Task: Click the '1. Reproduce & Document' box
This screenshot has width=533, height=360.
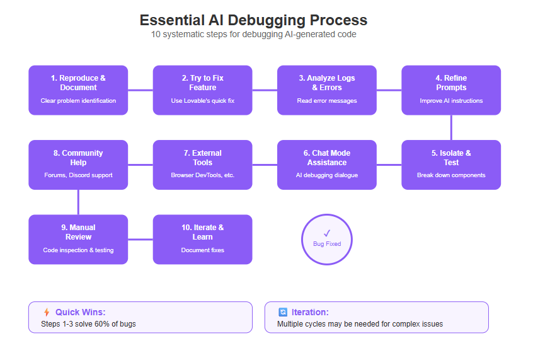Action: [x=78, y=90]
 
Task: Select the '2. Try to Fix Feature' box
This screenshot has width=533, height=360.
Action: [x=203, y=90]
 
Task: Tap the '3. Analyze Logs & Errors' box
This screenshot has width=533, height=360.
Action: [x=327, y=90]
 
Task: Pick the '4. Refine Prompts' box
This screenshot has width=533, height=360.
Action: [x=451, y=90]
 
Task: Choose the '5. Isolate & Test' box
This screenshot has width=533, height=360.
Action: [x=451, y=165]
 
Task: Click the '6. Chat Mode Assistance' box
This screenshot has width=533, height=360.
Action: [x=327, y=165]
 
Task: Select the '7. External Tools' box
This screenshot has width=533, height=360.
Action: [x=203, y=165]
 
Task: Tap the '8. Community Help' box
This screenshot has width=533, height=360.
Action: [x=78, y=165]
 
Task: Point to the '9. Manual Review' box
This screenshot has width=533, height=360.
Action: [x=78, y=239]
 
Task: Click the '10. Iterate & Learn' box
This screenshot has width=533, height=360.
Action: [x=203, y=239]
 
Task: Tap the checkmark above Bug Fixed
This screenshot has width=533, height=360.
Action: [x=327, y=233]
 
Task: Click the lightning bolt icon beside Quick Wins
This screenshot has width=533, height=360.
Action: [x=47, y=312]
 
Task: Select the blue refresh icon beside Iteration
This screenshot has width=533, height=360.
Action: [x=283, y=312]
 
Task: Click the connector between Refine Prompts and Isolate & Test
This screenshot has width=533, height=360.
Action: [x=451, y=127]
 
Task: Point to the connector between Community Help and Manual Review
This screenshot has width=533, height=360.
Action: [x=78, y=202]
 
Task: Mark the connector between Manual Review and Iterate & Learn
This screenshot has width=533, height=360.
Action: [x=140, y=239]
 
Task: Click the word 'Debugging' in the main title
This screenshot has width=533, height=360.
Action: [x=266, y=20]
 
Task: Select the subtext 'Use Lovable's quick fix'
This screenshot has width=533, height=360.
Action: [x=203, y=101]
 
